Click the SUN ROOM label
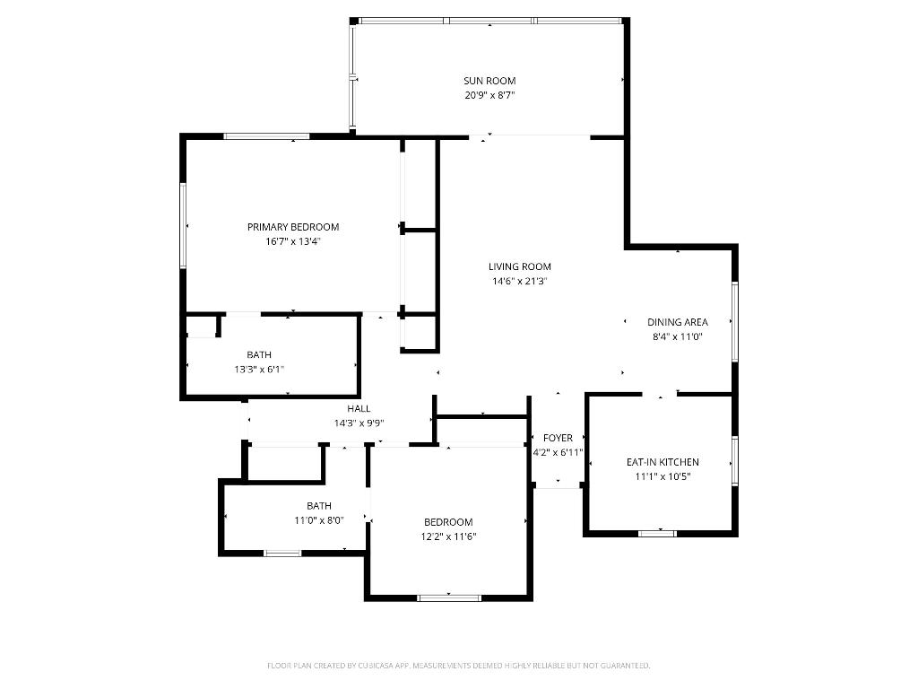[489, 81]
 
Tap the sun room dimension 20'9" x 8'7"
[489, 94]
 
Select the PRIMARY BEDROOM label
[293, 227]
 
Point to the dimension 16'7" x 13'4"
[293, 240]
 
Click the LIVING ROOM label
[520, 266]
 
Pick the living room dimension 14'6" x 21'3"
[520, 281]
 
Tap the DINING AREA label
[678, 322]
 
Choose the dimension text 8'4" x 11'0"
[678, 336]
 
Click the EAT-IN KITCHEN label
[663, 462]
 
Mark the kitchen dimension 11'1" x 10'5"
[663, 476]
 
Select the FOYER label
[558, 438]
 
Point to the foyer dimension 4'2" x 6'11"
[558, 452]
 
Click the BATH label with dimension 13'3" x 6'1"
[259, 354]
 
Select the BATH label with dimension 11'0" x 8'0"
[319, 506]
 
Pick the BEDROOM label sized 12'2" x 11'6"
[448, 522]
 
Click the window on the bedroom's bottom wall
[449, 597]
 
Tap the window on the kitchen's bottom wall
[657, 534]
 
